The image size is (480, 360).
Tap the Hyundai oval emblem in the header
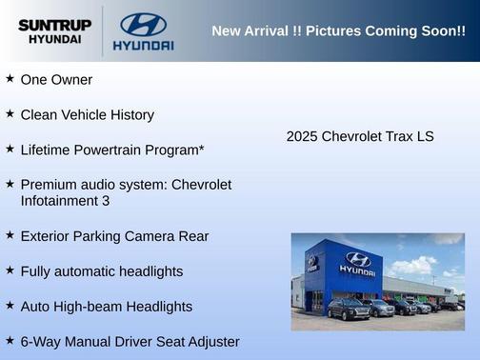143,24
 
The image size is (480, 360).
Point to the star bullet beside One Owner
10,79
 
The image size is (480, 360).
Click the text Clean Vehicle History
87,115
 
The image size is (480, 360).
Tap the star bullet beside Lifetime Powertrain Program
10,150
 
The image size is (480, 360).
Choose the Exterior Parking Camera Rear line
114,236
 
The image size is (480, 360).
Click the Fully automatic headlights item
101,271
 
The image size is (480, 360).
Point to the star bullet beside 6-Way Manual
10,341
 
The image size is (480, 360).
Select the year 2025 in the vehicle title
302,137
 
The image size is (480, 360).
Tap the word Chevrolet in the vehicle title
353,137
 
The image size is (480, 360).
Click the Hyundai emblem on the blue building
357,258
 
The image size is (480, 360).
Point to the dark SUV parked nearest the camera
349,310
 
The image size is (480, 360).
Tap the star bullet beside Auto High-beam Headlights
10,306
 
